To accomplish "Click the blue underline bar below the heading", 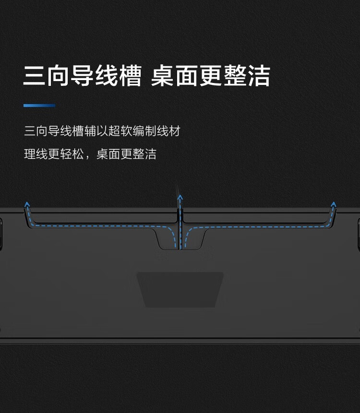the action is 39,106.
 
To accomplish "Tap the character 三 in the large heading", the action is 35,76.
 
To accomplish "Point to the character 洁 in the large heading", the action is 259,76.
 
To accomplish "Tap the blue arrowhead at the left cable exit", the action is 27,204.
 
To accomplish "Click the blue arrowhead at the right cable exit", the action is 333,204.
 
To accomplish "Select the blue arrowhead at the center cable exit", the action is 180,197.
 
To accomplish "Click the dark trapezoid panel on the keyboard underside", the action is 180,289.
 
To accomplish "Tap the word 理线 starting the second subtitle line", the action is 36,154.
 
